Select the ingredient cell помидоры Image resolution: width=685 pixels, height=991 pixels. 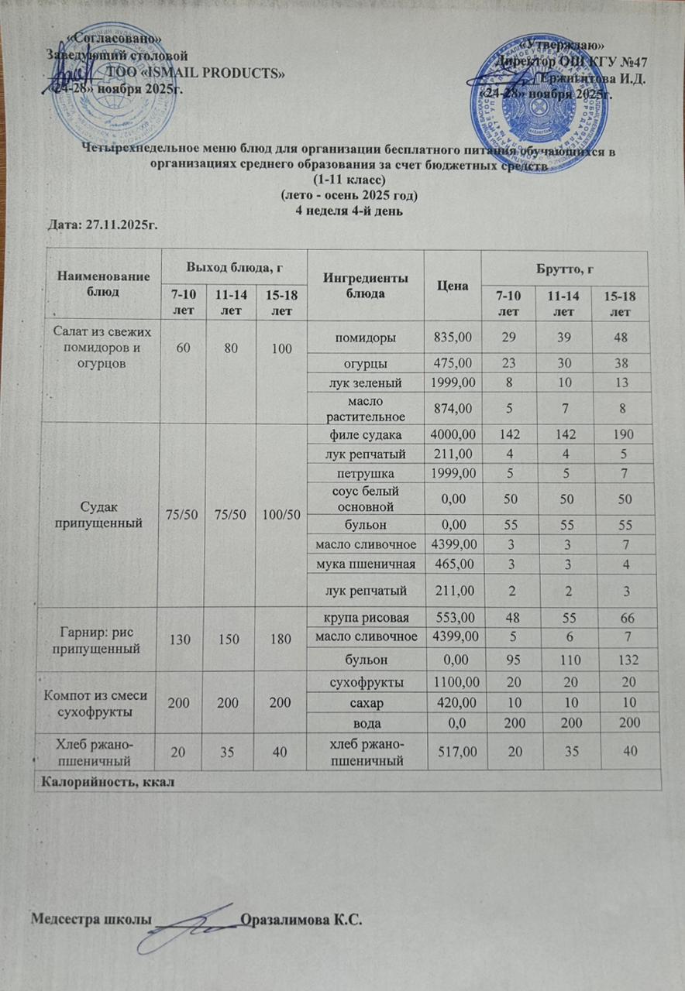[367, 338]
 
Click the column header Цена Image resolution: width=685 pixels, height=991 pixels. [453, 286]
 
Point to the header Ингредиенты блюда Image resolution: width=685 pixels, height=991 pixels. [366, 285]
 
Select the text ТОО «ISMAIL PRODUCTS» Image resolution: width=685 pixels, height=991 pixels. [194, 74]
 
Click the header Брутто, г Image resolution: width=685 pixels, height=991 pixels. [563, 268]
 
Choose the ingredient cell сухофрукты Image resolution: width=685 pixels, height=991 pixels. [367, 683]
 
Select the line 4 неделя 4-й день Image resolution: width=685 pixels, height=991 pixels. [348, 210]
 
